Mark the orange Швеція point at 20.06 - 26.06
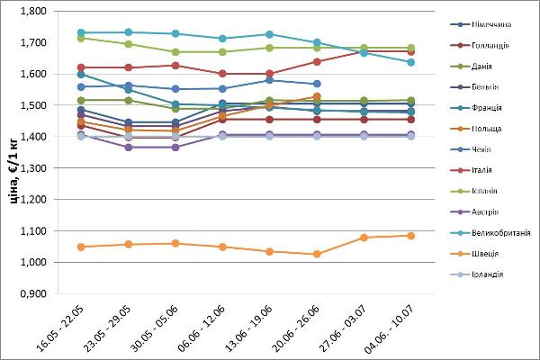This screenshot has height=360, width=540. (317, 254)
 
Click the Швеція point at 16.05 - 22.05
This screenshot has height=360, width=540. (82, 247)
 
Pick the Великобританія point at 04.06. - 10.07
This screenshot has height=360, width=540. (411, 62)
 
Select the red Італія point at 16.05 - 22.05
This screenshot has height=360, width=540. (82, 67)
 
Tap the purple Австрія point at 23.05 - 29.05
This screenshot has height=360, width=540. (129, 147)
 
